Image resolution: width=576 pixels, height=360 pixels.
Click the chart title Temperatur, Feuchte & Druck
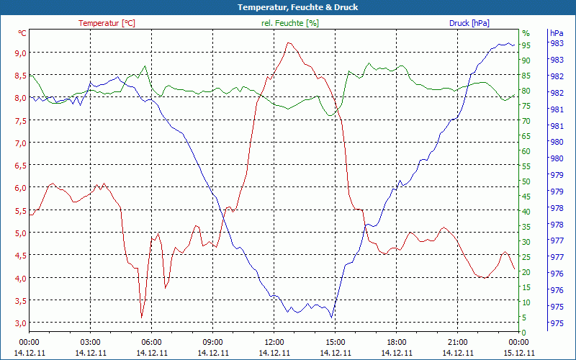pos(288,7)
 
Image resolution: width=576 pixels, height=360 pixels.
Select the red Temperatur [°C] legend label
pos(107,23)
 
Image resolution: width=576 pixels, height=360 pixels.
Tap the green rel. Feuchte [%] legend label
pos(289,23)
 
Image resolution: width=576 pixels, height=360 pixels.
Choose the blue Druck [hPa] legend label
pos(469,23)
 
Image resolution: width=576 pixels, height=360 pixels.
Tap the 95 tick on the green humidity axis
pos(526,45)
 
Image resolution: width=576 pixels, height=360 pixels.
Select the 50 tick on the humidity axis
pos(526,181)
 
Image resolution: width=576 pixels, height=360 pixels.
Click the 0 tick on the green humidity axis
pos(524,332)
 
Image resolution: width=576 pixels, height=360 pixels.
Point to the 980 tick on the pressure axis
pos(557,140)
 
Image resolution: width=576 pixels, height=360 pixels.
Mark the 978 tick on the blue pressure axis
pos(557,207)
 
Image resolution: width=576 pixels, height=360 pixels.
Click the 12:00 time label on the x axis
pos(274,342)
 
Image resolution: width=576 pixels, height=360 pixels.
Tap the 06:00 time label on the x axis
pos(151,342)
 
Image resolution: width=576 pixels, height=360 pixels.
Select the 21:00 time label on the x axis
pos(457,342)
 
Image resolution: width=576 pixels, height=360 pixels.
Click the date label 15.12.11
pos(518,353)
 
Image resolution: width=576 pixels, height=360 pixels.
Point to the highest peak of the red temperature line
pos(289,42)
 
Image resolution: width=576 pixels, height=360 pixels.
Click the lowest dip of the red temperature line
pos(142,317)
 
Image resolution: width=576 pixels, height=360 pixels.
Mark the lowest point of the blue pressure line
pos(331,317)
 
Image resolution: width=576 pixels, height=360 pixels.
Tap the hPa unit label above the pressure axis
pos(557,33)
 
